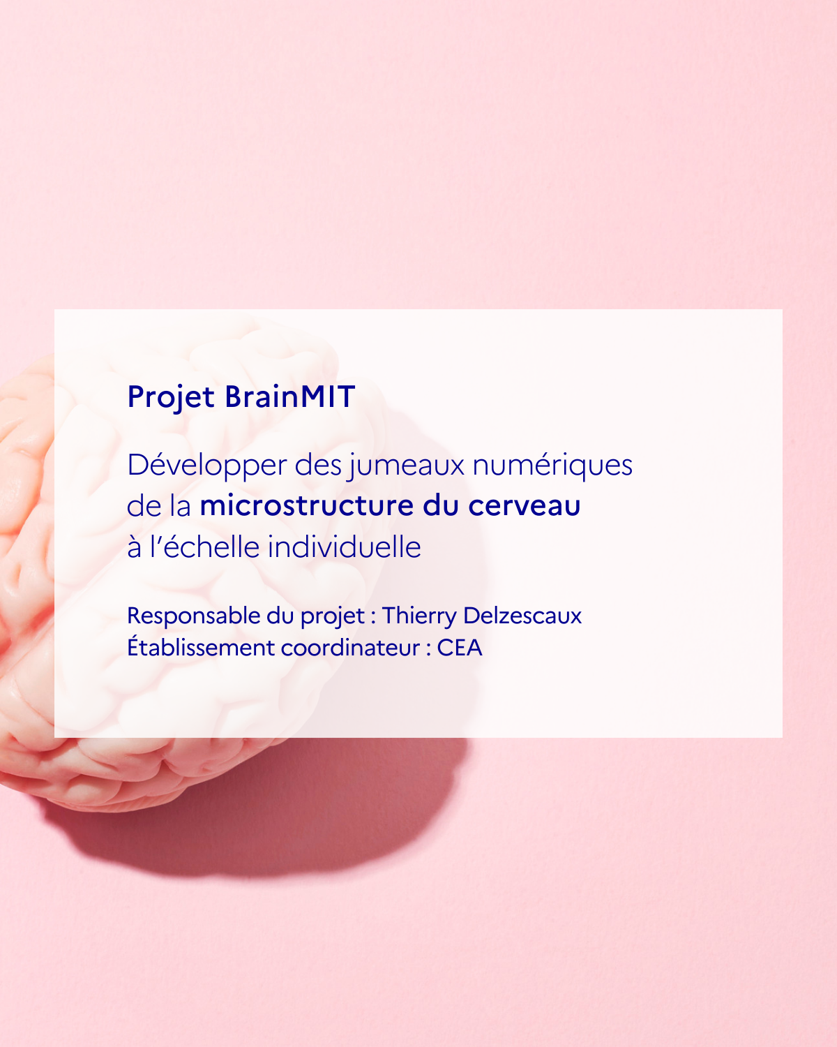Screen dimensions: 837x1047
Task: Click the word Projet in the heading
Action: (171, 398)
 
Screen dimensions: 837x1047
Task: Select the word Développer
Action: (206, 465)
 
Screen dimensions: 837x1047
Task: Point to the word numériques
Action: (552, 465)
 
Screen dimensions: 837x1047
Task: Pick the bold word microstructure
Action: (306, 505)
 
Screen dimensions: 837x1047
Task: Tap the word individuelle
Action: (345, 547)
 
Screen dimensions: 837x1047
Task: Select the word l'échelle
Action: (205, 547)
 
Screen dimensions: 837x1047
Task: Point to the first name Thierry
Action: (419, 616)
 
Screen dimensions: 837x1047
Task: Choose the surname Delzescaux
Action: (523, 616)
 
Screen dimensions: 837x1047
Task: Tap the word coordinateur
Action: (350, 648)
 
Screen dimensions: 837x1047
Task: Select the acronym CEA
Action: (460, 648)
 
